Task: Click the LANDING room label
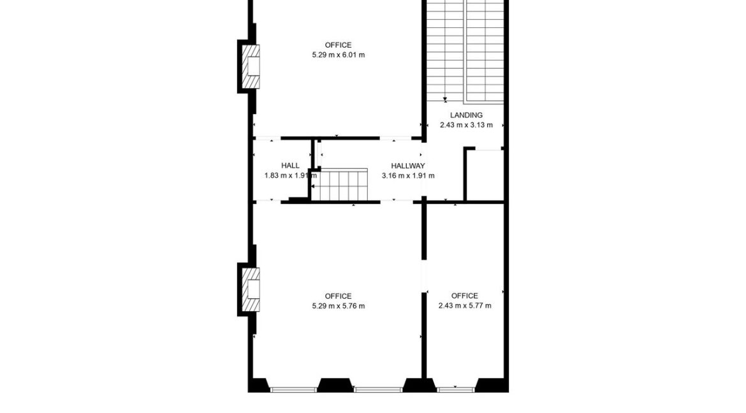466,115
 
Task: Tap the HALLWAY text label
408,166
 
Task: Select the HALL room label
290,166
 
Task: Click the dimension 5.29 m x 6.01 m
338,55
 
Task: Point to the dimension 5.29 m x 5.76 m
338,306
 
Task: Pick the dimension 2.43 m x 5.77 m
465,306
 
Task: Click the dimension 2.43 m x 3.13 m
466,125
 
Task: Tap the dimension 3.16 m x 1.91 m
408,175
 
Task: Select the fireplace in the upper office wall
250,66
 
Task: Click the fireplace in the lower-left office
250,289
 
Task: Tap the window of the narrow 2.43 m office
456,389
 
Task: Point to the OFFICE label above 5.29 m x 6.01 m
338,45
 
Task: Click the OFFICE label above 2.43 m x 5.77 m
464,296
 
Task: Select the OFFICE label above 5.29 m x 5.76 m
338,296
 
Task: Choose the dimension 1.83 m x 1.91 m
290,175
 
